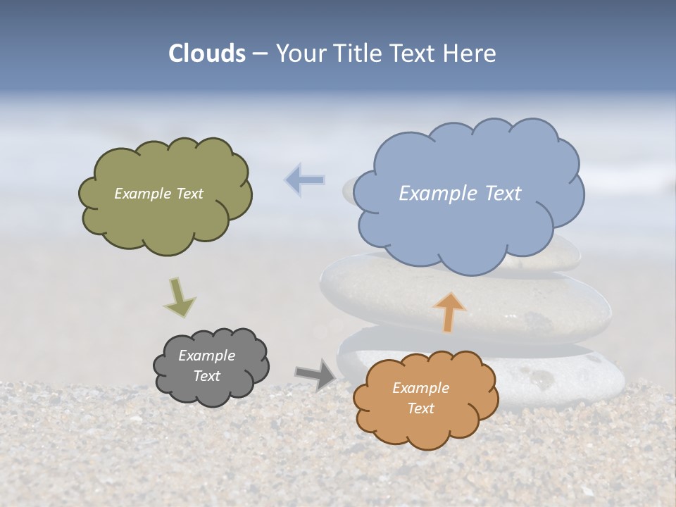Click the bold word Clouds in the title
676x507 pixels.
tap(207, 54)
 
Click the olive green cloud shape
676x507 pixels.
tap(165, 218)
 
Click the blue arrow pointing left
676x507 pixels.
tap(304, 180)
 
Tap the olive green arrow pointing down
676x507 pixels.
tap(179, 298)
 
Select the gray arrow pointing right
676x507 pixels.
tap(315, 375)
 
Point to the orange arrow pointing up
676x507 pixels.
tap(449, 311)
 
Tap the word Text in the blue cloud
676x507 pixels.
tap(503, 194)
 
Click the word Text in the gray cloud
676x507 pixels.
tap(207, 376)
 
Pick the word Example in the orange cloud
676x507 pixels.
tap(420, 388)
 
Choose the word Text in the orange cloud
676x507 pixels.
tap(420, 408)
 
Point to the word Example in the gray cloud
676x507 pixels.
tap(206, 356)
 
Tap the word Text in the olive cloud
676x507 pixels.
tap(188, 194)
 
